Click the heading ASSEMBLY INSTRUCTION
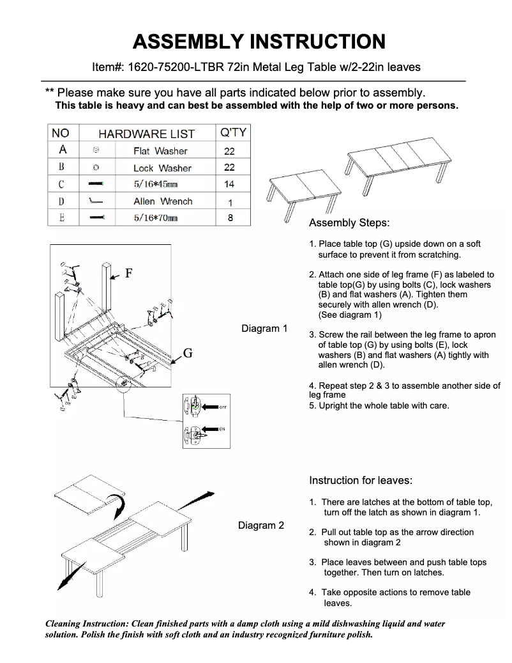[259, 42]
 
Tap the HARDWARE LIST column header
[146, 134]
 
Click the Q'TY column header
[232, 133]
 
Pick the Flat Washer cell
[160, 151]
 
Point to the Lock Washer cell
[162, 168]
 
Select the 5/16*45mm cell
[155, 184]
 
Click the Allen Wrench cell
[163, 201]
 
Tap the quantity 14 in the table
[229, 184]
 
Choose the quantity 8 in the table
[230, 218]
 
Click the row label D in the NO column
[62, 201]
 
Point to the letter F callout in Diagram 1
[128, 274]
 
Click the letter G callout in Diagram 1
[188, 353]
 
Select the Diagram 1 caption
[264, 329]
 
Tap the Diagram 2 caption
[261, 526]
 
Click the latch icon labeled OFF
[196, 405]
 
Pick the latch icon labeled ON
[195, 434]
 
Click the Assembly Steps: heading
[349, 223]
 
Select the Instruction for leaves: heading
[361, 480]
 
